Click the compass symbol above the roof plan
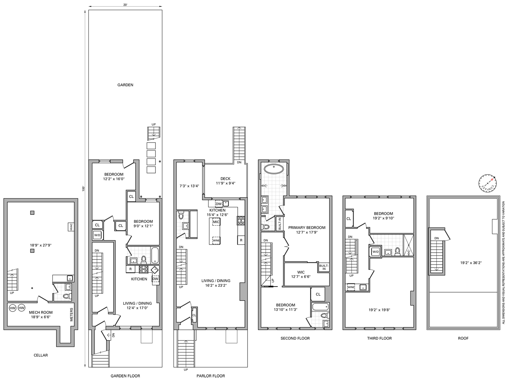pyautogui.click(x=487, y=182)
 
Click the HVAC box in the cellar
pyautogui.click(x=71, y=227)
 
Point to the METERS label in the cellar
pyautogui.click(x=71, y=315)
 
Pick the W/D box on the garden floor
pyautogui.click(x=97, y=235)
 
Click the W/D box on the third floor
pyautogui.click(x=375, y=252)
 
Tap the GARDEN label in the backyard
pyautogui.click(x=125, y=85)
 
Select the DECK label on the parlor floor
pyautogui.click(x=225, y=179)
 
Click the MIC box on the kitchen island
pyautogui.click(x=216, y=222)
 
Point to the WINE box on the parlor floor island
pyautogui.click(x=216, y=240)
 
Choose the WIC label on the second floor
pyautogui.click(x=301, y=272)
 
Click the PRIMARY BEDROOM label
pyautogui.click(x=306, y=228)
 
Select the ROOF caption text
pyautogui.click(x=463, y=338)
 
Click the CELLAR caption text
pyautogui.click(x=41, y=355)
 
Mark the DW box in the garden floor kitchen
pyautogui.click(x=155, y=279)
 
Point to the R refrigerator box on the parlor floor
pyautogui.click(x=241, y=240)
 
